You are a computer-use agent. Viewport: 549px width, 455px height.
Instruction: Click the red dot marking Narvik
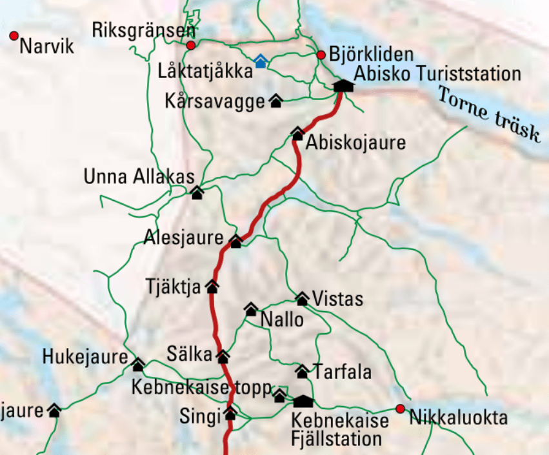tap(14, 36)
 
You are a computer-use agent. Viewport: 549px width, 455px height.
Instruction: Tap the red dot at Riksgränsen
tap(190, 45)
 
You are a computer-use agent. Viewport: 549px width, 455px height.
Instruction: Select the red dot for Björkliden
tap(321, 55)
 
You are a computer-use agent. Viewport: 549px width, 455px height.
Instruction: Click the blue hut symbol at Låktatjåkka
tap(260, 61)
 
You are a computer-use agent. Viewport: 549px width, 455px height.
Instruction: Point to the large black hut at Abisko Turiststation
tap(343, 85)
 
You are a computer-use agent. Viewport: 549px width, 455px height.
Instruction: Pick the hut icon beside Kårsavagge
tap(275, 101)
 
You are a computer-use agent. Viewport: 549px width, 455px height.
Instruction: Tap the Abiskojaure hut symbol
tap(297, 133)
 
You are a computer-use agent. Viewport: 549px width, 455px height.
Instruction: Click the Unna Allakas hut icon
tap(197, 192)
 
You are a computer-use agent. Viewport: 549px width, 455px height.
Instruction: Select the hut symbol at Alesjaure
tap(235, 241)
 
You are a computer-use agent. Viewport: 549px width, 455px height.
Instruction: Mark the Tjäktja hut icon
tap(212, 286)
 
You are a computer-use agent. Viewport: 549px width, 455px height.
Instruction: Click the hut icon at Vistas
tap(302, 298)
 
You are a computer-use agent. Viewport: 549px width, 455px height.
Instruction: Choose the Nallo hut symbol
tap(251, 310)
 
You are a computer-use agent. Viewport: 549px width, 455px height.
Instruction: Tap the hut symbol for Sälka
tap(223, 356)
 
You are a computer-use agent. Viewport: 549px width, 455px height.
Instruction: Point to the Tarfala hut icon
tap(302, 371)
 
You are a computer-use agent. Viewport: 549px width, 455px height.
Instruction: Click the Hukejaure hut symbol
tap(137, 365)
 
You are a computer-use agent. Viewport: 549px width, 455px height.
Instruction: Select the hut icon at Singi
tap(230, 414)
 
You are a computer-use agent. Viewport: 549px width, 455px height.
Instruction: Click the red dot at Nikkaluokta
tap(400, 409)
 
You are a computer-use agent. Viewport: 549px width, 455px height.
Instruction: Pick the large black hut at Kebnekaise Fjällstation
tap(303, 400)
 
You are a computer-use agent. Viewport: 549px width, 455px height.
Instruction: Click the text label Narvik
tap(48, 46)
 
